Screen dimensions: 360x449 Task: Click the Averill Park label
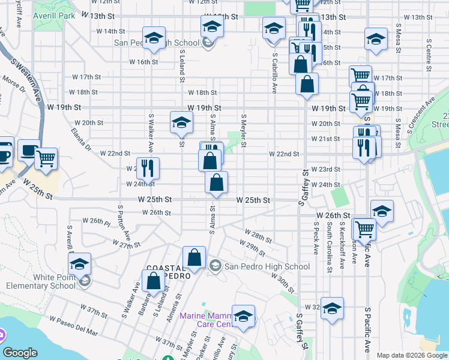[55, 15]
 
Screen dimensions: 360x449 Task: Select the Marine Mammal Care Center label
[206, 320]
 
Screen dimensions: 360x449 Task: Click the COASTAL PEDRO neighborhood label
[169, 271]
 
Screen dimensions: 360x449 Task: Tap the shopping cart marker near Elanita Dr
[46, 159]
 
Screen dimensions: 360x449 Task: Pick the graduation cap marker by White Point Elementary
[79, 264]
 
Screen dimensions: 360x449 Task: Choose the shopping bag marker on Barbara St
[154, 281]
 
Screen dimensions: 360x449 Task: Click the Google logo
[20, 353]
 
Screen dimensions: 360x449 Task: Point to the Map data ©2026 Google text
[412, 355]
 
